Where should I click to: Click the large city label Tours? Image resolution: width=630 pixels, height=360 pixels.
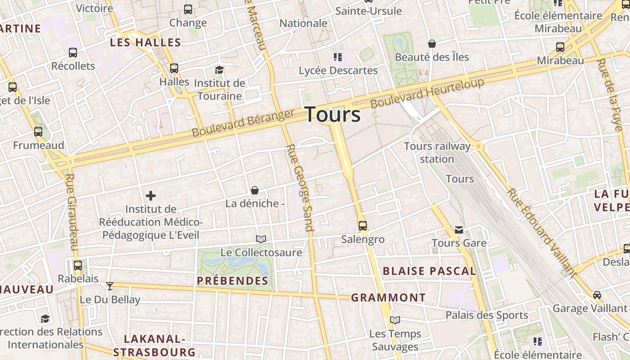[333, 115]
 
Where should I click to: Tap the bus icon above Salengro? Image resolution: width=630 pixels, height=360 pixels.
[363, 225]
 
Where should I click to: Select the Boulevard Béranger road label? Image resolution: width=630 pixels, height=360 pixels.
[243, 123]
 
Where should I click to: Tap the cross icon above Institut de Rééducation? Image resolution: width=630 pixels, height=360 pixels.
[151, 196]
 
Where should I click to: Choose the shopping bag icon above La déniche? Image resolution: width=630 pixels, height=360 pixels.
[255, 190]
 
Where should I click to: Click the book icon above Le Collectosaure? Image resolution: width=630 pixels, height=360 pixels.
[261, 239]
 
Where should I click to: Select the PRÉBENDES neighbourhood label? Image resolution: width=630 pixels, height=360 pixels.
[233, 281]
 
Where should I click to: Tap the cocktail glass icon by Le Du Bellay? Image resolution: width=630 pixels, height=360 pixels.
[109, 286]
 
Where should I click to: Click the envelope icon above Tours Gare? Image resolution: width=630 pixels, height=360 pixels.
[459, 230]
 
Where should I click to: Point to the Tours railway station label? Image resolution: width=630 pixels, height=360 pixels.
[437, 153]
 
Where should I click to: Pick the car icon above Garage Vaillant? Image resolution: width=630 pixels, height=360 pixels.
[597, 295]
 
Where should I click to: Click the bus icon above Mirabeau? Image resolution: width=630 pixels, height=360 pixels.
[560, 47]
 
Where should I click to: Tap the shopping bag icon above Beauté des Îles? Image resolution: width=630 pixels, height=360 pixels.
[432, 44]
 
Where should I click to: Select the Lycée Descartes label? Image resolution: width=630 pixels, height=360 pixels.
[338, 71]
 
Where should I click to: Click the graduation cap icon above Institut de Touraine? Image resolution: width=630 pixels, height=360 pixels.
[219, 70]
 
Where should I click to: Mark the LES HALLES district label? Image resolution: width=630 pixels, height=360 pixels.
[145, 43]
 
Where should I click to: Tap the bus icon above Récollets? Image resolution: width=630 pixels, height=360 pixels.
[73, 53]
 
